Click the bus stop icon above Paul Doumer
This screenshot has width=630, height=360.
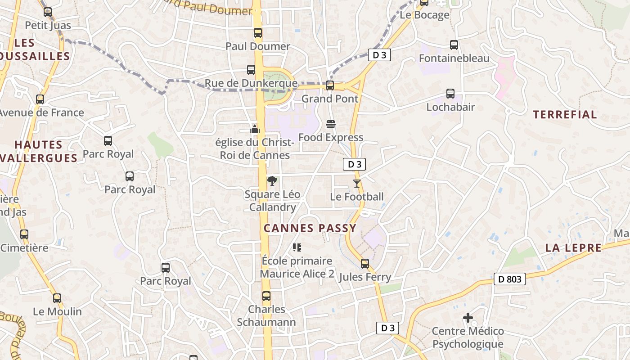pyautogui.click(x=258, y=33)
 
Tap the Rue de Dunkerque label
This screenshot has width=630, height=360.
pyautogui.click(x=251, y=83)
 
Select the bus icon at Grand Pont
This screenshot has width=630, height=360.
pyautogui.click(x=330, y=85)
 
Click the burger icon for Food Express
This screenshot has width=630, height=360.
pyautogui.click(x=331, y=124)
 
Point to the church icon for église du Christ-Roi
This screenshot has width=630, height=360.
pyautogui.click(x=255, y=129)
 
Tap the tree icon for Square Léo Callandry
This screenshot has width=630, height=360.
pyautogui.click(x=272, y=181)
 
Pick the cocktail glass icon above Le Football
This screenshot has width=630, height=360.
pyautogui.click(x=357, y=183)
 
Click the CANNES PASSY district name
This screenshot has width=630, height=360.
pyautogui.click(x=310, y=228)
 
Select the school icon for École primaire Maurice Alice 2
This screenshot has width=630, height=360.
pyautogui.click(x=297, y=247)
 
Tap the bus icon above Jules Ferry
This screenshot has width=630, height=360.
pyautogui.click(x=365, y=263)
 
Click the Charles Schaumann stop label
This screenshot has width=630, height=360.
pyautogui.click(x=266, y=316)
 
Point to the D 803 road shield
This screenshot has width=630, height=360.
pyautogui.click(x=510, y=279)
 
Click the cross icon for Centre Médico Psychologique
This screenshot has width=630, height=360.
pyautogui.click(x=468, y=318)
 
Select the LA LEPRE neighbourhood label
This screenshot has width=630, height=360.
pyautogui.click(x=573, y=248)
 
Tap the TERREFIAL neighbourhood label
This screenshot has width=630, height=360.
pyautogui.click(x=565, y=115)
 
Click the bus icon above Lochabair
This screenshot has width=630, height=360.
pyautogui.click(x=450, y=94)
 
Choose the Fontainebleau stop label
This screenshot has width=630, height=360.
pyautogui.click(x=454, y=58)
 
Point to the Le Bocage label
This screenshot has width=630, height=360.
pyautogui.click(x=424, y=15)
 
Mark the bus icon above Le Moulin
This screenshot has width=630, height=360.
pyautogui.click(x=57, y=298)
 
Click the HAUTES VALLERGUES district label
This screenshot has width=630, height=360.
pyautogui.click(x=39, y=151)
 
